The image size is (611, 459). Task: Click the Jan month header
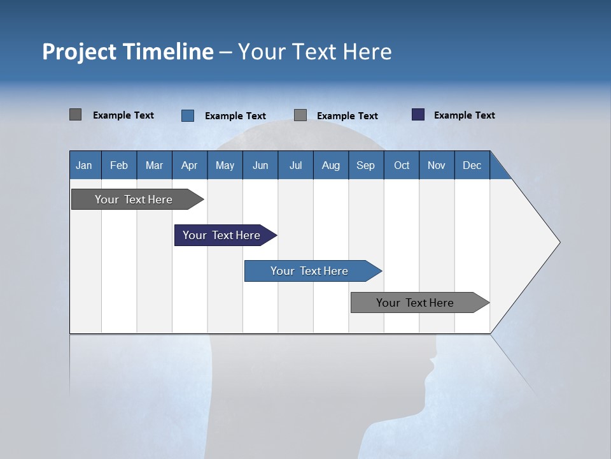(x=85, y=165)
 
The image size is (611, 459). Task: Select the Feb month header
(x=119, y=165)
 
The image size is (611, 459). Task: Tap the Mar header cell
(x=154, y=165)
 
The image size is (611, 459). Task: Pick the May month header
(x=225, y=165)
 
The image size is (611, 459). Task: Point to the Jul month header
(x=295, y=165)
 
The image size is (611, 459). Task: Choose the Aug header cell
(x=330, y=165)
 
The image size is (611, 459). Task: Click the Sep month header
(x=365, y=165)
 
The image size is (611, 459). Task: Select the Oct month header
(x=401, y=165)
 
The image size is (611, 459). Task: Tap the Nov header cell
(x=436, y=165)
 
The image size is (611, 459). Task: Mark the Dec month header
(x=472, y=165)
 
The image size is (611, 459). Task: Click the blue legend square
(x=188, y=115)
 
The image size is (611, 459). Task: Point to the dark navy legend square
(x=418, y=115)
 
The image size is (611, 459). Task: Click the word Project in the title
(x=79, y=52)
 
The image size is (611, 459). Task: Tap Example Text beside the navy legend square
(x=464, y=115)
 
